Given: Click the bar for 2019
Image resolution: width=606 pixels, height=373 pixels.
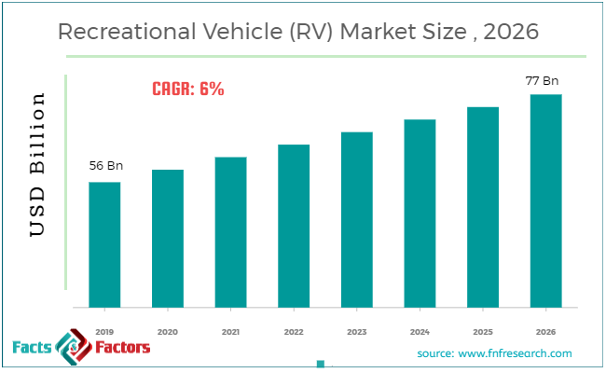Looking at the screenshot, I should pos(104,244).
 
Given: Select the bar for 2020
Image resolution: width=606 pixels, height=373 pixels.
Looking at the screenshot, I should pos(168,238).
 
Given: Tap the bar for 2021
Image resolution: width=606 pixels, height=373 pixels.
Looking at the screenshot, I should pos(230,232).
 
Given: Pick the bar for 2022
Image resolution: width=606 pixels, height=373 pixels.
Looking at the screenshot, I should pos(294,226).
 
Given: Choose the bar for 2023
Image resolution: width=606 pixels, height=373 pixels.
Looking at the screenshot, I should pos(356,219).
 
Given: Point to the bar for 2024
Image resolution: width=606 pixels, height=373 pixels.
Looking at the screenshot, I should pos(420,214).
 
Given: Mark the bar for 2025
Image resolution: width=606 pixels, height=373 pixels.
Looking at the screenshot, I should pos(483,207).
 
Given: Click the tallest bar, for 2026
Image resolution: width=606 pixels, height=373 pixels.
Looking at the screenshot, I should pos(545,200).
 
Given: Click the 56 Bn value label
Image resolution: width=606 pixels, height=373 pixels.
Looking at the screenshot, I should pos(105,166).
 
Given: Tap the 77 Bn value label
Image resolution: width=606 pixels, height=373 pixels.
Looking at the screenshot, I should pos(544,80).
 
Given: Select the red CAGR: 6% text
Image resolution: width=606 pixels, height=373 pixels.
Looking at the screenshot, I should pos(187,90).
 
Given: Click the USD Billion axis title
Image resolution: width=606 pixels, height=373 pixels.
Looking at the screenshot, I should pos(37,164).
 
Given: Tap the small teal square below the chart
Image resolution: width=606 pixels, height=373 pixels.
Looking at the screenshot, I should pos(321,365).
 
